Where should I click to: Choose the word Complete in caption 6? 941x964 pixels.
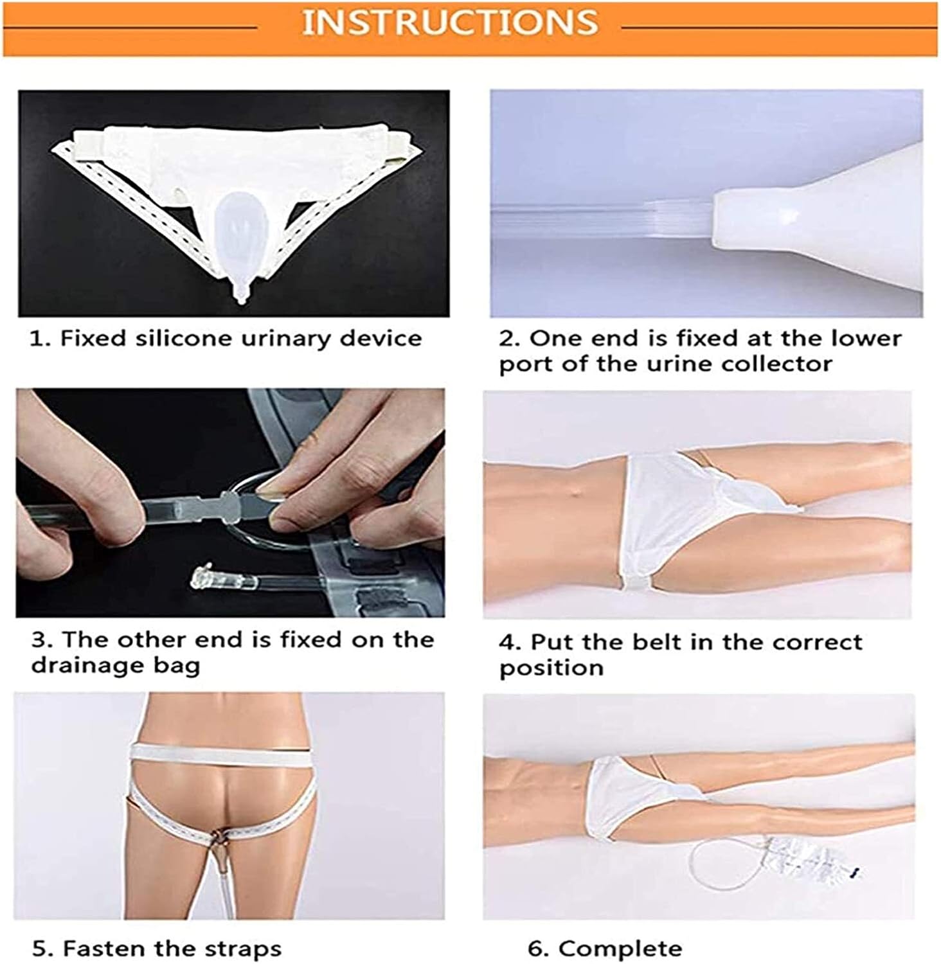(x=620, y=948)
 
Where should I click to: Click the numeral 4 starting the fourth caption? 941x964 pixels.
(x=506, y=642)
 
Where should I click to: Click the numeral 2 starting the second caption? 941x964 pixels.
(x=506, y=338)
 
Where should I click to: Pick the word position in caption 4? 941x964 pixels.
(x=551, y=668)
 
